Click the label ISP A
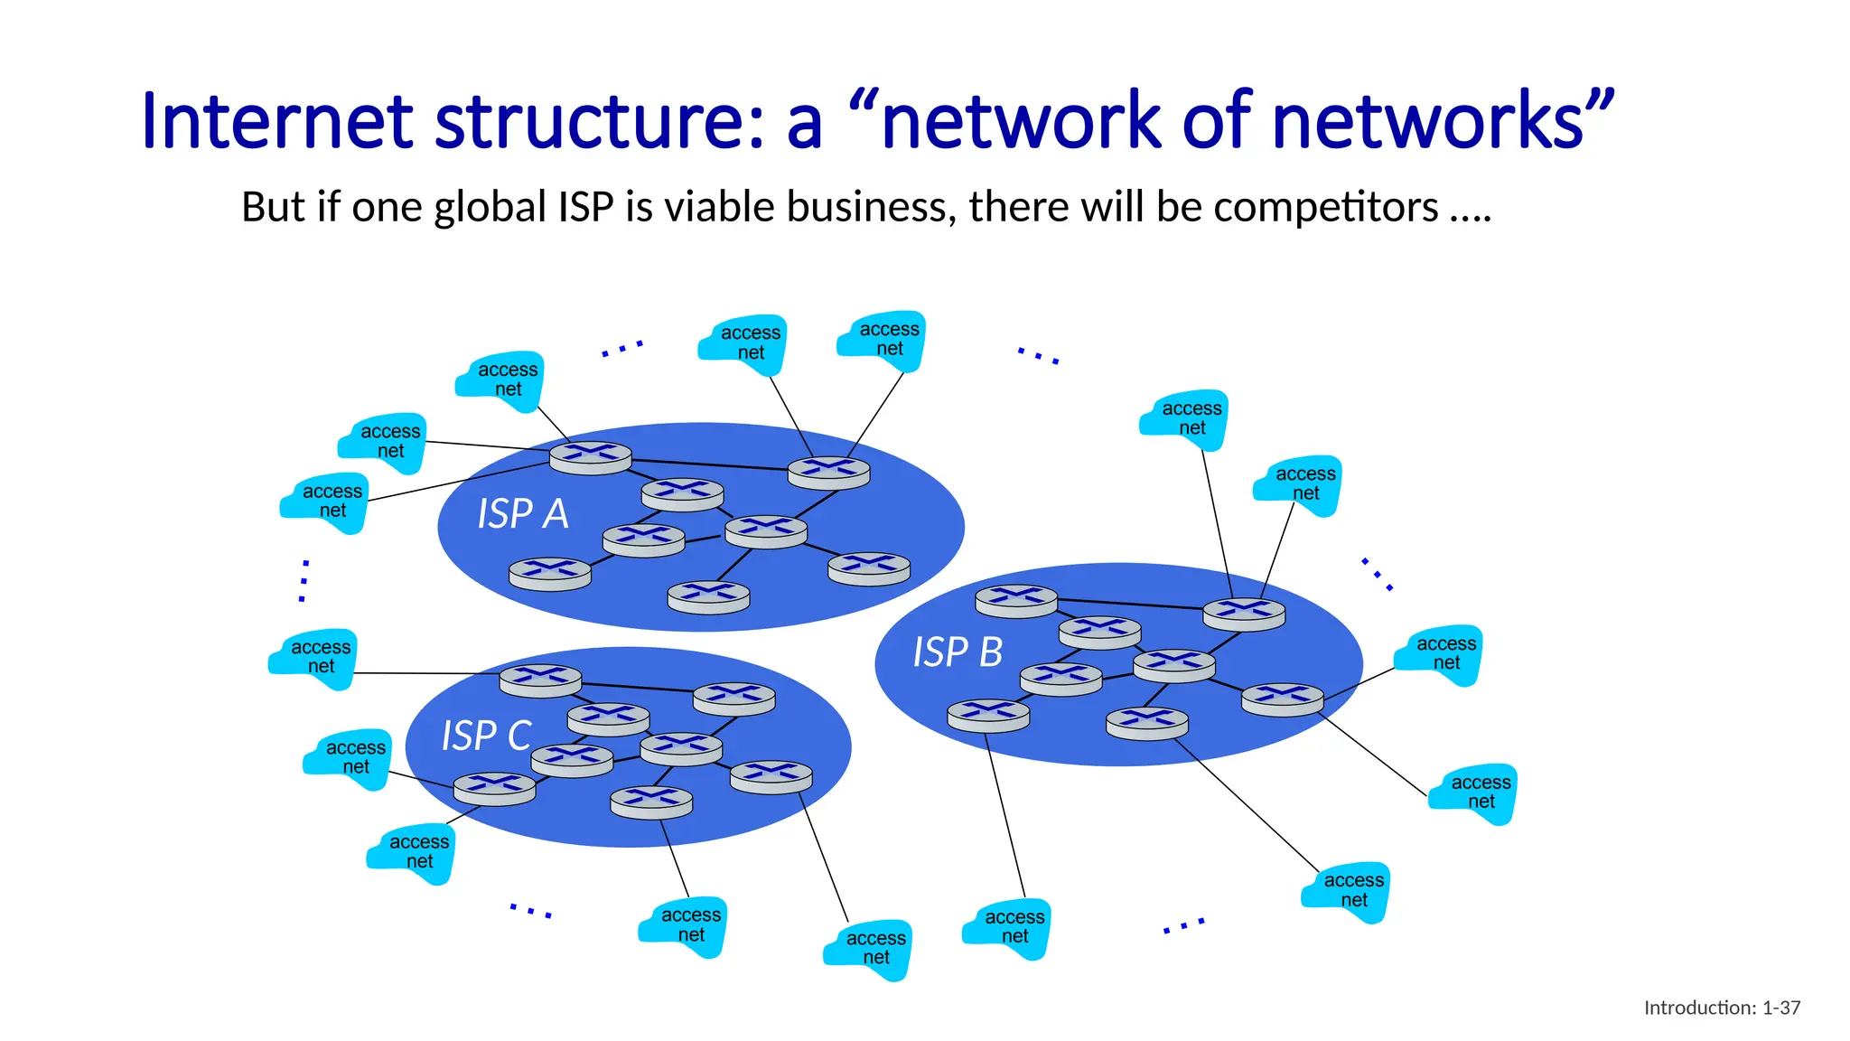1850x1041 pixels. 522,514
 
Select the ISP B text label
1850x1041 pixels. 958,652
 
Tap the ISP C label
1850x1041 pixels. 486,736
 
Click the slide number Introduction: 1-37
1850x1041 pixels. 1722,1008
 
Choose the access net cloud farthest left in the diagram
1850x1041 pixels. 313,660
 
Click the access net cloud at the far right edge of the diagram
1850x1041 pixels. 1473,793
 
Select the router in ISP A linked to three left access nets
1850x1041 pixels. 590,457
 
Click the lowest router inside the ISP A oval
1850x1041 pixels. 708,597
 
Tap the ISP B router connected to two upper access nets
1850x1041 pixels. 1244,614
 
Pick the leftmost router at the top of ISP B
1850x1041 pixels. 1016,601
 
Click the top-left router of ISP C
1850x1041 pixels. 540,680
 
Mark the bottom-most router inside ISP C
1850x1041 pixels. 651,802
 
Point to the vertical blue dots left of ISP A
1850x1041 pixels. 304,580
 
